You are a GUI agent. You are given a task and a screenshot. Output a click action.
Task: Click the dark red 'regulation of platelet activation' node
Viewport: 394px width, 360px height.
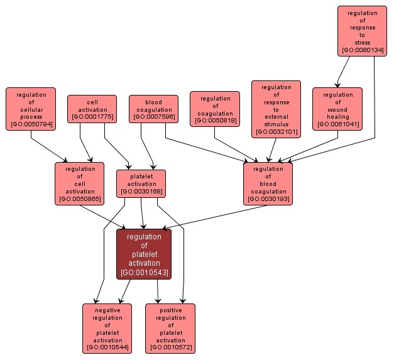144,254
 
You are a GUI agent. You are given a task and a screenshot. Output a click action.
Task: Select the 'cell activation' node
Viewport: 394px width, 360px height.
92,109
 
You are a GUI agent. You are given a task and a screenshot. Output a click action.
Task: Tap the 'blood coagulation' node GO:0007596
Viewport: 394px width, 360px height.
153,109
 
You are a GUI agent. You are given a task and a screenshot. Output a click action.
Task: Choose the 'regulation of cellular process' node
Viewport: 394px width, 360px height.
31,109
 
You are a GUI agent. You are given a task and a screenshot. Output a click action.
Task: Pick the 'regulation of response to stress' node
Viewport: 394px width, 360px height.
362,31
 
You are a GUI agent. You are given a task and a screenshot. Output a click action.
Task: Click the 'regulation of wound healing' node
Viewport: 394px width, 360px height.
337,109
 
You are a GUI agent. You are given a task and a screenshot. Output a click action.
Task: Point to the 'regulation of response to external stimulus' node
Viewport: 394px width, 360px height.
276,109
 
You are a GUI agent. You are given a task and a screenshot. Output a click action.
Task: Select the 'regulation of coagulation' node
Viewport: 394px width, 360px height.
215,109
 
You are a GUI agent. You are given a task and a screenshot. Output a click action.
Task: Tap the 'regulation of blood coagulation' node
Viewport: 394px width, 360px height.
268,183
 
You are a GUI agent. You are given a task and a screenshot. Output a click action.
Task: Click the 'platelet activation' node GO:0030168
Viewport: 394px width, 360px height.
141,183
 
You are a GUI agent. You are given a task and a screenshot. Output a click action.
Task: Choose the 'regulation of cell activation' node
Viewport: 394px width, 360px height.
80,183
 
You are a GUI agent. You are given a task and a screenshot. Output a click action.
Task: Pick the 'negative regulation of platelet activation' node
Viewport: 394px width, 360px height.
107,328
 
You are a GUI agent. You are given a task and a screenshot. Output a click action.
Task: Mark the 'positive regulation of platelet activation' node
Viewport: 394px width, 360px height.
170,328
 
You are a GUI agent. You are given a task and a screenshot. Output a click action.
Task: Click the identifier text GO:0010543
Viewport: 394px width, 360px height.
144,272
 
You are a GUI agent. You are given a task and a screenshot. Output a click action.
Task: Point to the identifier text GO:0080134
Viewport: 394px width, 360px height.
362,50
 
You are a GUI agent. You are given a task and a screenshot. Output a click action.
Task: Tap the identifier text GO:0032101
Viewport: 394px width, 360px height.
276,132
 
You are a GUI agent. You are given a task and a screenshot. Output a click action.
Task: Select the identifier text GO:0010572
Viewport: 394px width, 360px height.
170,347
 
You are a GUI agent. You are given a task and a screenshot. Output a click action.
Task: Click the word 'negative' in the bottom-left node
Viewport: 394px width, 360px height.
107,310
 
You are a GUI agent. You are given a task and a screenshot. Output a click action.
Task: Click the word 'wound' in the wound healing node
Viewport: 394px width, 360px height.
337,109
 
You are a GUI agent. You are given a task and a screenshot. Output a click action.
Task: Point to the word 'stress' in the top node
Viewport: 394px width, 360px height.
362,43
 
